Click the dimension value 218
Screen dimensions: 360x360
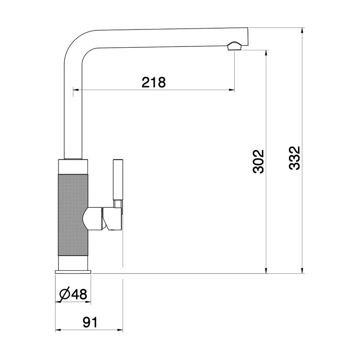(x=153, y=83)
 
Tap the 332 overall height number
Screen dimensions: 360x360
(x=294, y=158)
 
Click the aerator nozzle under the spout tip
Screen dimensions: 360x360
(x=235, y=46)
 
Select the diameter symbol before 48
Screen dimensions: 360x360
(x=65, y=295)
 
